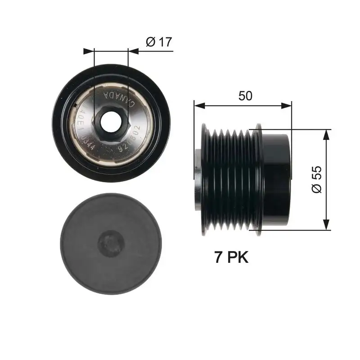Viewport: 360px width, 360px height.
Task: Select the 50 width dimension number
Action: pyautogui.click(x=245, y=95)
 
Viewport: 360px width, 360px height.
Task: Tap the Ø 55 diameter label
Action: pyautogui.click(x=316, y=180)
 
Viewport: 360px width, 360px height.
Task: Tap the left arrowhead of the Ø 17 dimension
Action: pyautogui.click(x=89, y=51)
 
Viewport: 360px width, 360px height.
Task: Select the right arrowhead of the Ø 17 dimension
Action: pyautogui.click(x=133, y=51)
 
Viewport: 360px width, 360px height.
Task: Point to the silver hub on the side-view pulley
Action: pyautogui.click(x=198, y=180)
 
